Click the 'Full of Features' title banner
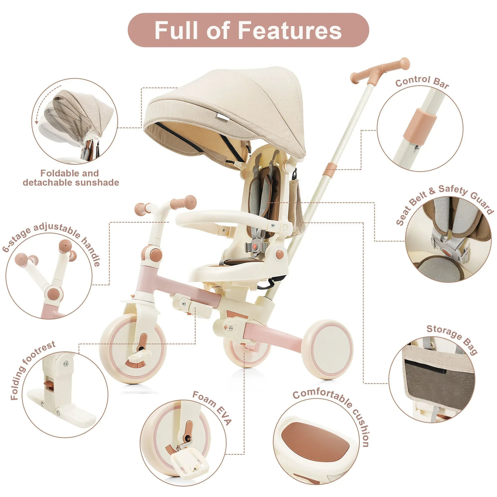click(248, 30)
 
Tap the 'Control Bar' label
click(422, 82)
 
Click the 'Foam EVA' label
click(212, 408)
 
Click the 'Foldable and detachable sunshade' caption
click(71, 178)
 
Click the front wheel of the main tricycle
click(133, 348)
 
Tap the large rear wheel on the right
click(327, 350)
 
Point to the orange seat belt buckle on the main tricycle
click(255, 246)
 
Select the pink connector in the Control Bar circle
click(420, 127)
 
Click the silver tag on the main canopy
click(223, 117)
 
